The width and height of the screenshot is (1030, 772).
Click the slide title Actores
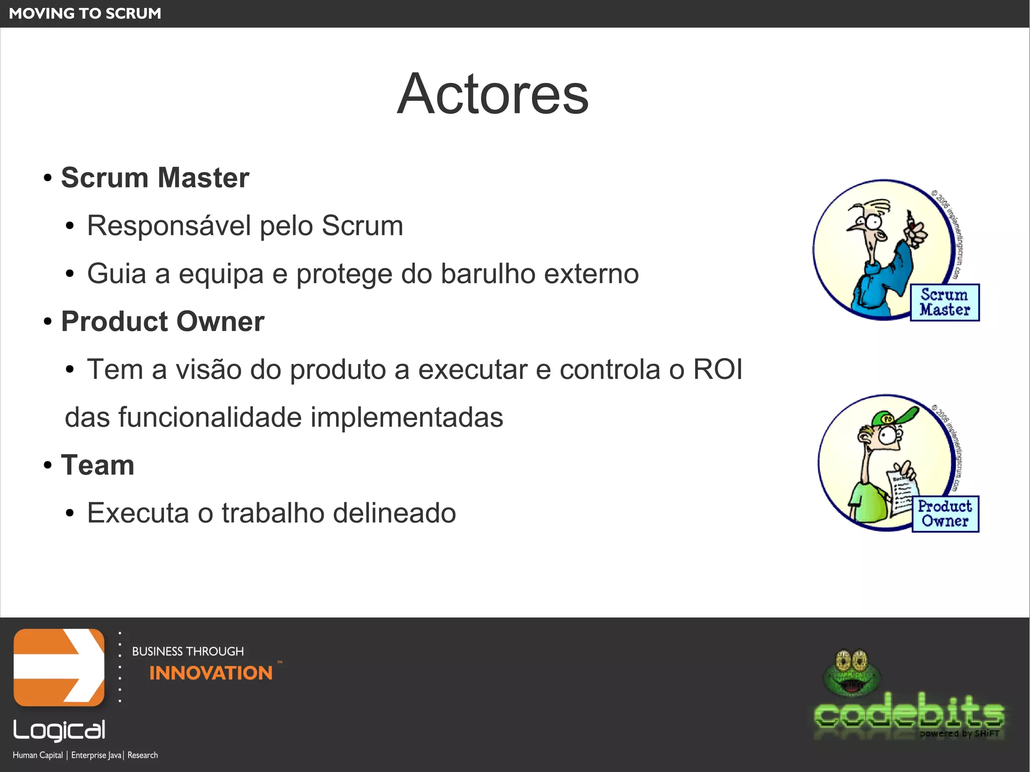point(492,94)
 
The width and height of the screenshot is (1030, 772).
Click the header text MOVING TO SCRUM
point(85,14)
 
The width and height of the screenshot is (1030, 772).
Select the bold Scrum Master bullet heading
point(155,178)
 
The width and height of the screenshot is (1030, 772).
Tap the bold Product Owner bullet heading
point(162,321)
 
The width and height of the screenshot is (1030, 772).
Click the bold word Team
point(98,465)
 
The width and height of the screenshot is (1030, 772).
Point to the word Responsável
point(168,225)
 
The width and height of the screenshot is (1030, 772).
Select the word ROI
point(718,369)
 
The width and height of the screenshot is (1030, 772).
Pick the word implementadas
point(406,417)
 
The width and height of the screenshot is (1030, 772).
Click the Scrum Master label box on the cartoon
point(945,302)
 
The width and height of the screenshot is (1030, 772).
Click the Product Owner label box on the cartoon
point(945,513)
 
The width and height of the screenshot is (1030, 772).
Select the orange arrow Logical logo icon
point(59,667)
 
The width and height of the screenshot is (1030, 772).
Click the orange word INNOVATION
point(211,673)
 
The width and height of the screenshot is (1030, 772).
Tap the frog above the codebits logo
point(851,673)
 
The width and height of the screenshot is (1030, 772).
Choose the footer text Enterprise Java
point(97,755)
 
